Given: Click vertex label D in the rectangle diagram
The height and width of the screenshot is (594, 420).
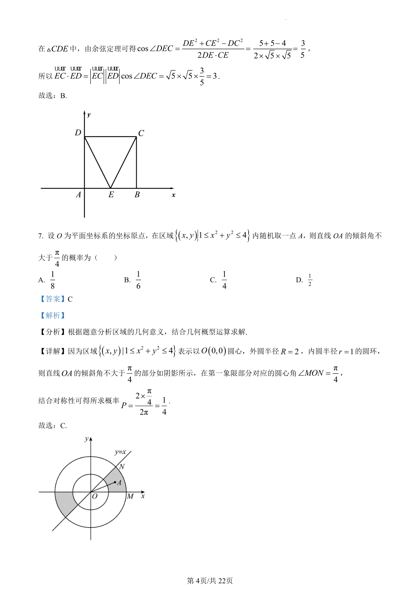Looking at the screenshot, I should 78,133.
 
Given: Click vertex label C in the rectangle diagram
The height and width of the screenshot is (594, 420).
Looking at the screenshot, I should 141,133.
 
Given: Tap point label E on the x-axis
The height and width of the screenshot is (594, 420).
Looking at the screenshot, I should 111,195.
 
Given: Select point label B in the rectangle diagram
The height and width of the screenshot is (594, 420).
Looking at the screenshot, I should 137,195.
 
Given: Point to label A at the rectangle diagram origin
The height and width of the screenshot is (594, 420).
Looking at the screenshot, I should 78,195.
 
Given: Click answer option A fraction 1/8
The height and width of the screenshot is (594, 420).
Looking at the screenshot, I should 52,280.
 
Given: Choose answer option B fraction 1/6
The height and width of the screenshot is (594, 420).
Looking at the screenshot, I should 138,280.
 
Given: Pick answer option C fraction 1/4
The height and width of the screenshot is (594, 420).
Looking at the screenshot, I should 224,280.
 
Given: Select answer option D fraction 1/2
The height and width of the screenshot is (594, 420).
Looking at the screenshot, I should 310,280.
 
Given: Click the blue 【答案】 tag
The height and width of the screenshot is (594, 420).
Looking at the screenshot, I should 52,299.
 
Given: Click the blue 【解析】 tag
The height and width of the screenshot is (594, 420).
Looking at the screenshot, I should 52,316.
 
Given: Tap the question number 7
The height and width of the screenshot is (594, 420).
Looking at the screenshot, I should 40,236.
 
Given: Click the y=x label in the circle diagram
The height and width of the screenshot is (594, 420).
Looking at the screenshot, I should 120,452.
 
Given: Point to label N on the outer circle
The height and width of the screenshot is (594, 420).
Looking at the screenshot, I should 122,466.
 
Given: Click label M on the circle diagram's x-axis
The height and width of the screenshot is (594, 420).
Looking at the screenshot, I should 130,496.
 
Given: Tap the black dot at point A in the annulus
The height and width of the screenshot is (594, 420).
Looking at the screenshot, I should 115,482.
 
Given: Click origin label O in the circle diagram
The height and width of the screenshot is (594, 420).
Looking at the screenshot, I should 94,496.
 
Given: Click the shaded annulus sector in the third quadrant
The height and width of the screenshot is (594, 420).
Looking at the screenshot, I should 65,502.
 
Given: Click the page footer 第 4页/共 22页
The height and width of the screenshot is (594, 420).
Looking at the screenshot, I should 210,581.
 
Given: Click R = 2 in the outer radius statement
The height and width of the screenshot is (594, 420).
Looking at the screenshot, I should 289,352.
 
